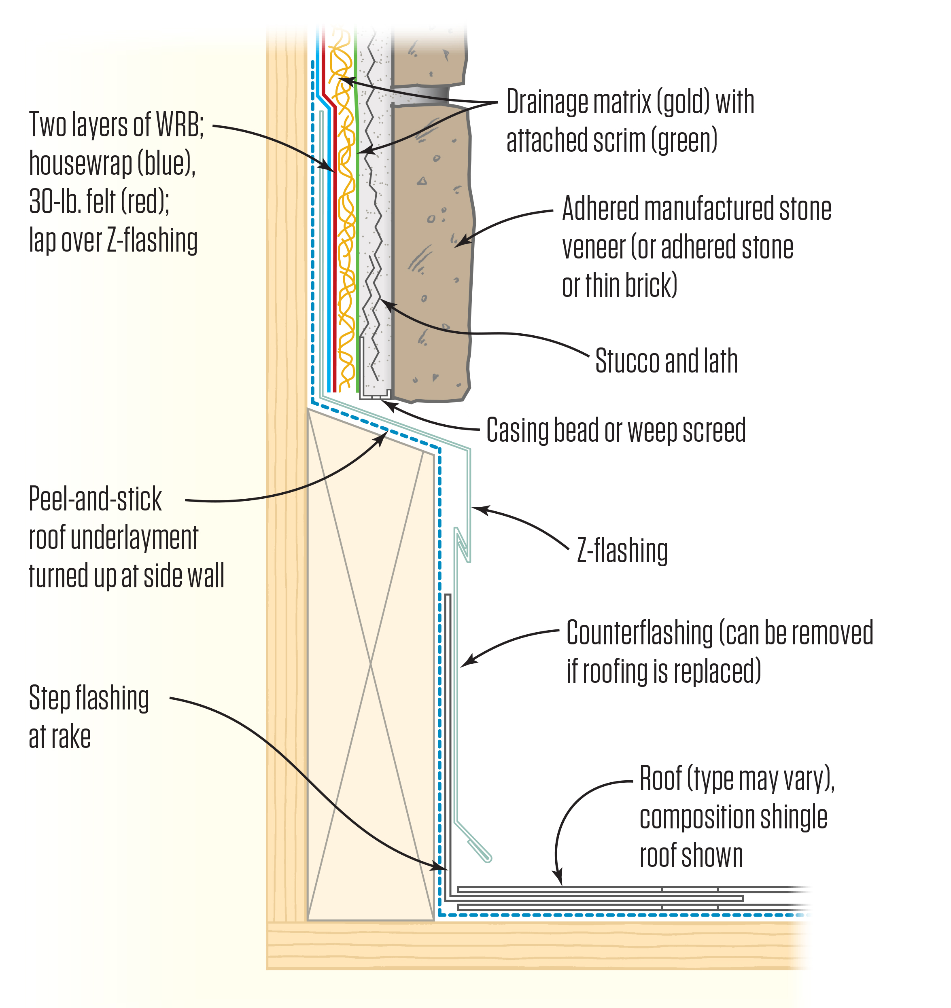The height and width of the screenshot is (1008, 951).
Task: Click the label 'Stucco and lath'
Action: point(666,361)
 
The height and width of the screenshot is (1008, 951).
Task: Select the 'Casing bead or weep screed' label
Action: point(616,430)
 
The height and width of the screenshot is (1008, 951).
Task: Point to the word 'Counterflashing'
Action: point(639,633)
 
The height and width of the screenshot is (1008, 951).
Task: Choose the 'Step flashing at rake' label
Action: point(89,717)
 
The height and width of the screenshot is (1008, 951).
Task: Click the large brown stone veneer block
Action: point(431,254)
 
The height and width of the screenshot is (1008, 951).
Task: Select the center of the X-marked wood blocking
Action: point(370,664)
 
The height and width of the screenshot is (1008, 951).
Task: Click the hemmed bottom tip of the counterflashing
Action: point(488,858)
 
